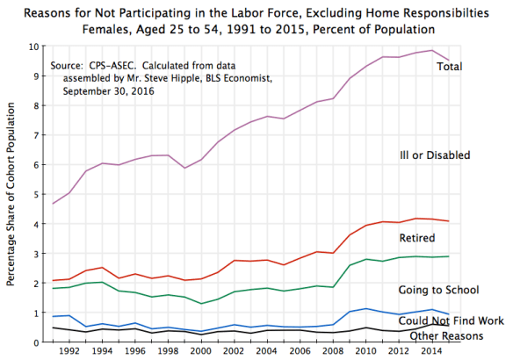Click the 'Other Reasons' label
click(442, 336)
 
